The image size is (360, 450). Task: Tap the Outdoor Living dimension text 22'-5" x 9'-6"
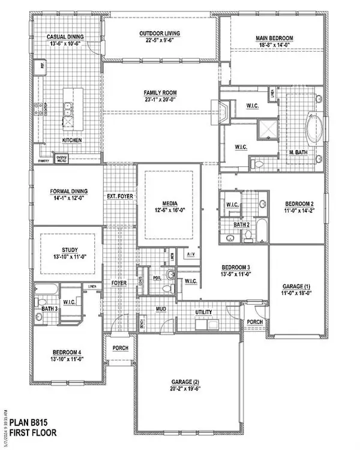click(x=161, y=41)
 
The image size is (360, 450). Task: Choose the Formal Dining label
click(x=69, y=191)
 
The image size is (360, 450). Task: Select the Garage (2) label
click(x=189, y=382)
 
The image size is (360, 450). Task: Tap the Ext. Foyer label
click(x=120, y=196)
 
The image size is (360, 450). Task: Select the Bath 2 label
click(x=241, y=225)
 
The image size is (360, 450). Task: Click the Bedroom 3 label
click(x=236, y=267)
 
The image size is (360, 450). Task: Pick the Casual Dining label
click(x=65, y=37)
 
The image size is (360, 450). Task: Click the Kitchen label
click(x=72, y=140)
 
